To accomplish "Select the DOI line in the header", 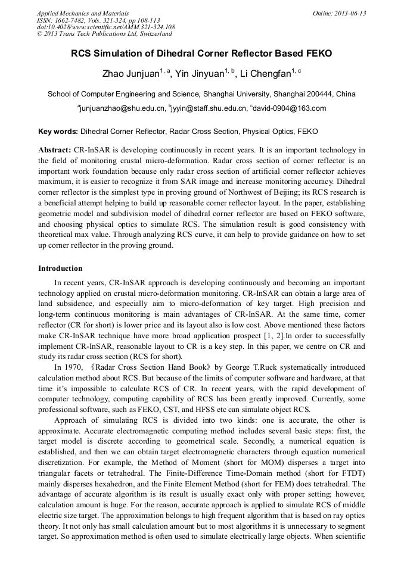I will pos(105,27).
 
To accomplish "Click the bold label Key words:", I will pos(58,131).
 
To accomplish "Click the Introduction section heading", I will pos(60,269).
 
